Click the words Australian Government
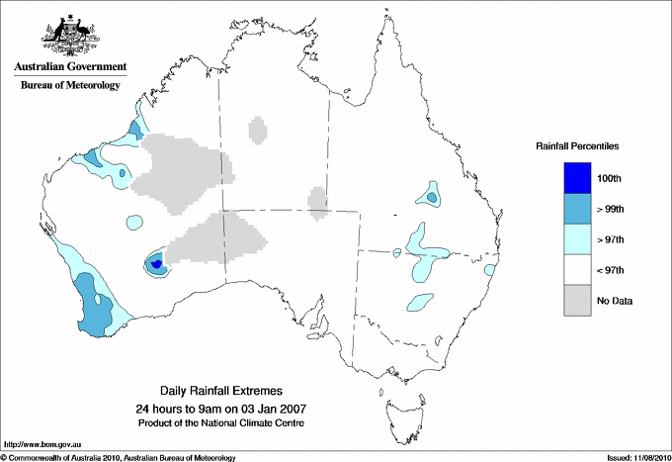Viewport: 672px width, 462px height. coord(70,67)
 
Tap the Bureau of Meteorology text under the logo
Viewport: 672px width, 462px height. coord(70,85)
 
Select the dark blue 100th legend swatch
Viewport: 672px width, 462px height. coord(578,178)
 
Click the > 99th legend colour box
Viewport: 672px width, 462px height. coord(578,209)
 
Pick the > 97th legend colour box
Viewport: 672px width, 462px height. coord(578,239)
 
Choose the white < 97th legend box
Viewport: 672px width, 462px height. coord(578,270)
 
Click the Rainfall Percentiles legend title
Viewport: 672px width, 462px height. coord(577,146)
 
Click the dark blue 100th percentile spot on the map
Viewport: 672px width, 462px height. coord(157,264)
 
